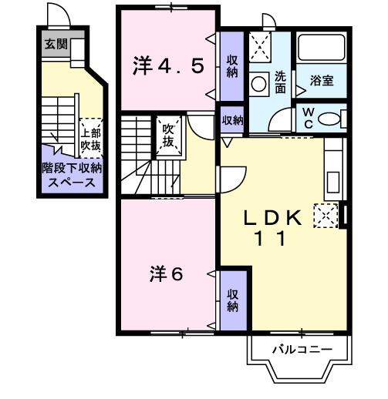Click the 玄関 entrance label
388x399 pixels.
56,44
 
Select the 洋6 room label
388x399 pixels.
166,273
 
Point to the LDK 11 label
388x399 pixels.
271,228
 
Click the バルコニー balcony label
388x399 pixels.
302,350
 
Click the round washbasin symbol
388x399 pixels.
261,79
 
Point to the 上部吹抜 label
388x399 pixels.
91,136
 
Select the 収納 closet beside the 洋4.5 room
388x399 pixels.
232,67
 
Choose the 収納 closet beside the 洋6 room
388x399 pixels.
232,300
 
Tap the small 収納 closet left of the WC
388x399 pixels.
232,120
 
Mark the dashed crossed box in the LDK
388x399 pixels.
325,215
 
